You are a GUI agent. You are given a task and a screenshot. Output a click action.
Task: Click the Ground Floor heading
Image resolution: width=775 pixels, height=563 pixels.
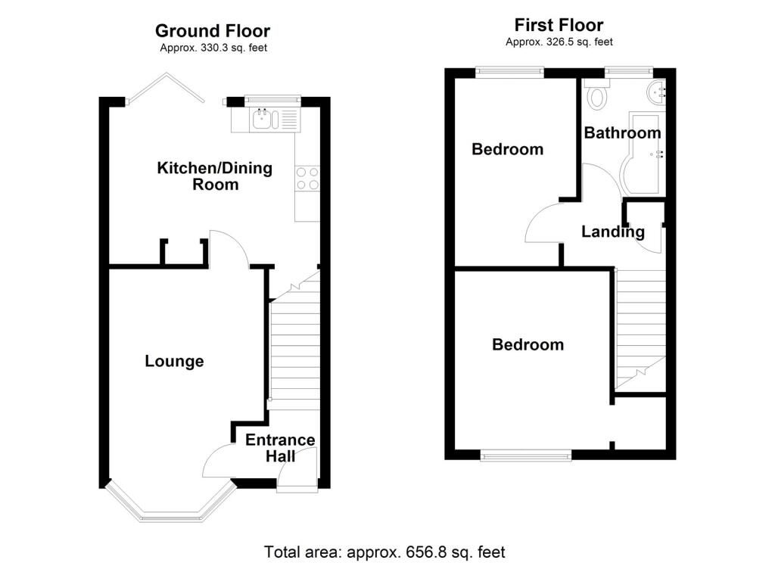tap(213, 31)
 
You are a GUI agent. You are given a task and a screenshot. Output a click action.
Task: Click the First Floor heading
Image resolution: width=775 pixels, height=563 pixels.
tap(559, 25)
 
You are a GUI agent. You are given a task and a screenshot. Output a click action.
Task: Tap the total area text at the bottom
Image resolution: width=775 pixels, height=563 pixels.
tap(384, 552)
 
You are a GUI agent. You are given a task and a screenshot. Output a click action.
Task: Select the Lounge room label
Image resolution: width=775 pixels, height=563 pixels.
tap(174, 361)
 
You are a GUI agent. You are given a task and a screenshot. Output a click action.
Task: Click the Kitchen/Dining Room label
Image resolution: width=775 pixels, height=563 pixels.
tap(214, 176)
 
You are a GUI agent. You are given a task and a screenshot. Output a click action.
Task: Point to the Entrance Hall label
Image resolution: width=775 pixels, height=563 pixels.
tap(280, 448)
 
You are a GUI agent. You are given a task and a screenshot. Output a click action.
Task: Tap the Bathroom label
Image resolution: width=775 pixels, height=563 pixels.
tap(622, 132)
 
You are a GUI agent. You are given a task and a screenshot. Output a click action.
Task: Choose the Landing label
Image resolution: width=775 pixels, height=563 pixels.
tap(613, 232)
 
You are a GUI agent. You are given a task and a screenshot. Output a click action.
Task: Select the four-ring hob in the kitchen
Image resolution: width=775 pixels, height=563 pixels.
tap(307, 179)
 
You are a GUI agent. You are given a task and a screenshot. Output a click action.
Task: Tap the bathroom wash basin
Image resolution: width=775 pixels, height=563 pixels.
tap(657, 92)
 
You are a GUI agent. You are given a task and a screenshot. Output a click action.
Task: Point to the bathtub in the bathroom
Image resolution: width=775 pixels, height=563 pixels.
tap(644, 154)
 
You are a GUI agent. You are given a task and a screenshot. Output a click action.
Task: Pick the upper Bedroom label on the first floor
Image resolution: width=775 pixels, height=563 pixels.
tap(507, 149)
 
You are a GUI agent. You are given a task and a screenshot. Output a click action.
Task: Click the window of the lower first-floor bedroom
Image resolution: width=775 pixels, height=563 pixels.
tap(526, 456)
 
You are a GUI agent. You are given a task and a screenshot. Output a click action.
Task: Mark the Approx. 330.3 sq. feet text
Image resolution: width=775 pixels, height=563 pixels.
tap(213, 48)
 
